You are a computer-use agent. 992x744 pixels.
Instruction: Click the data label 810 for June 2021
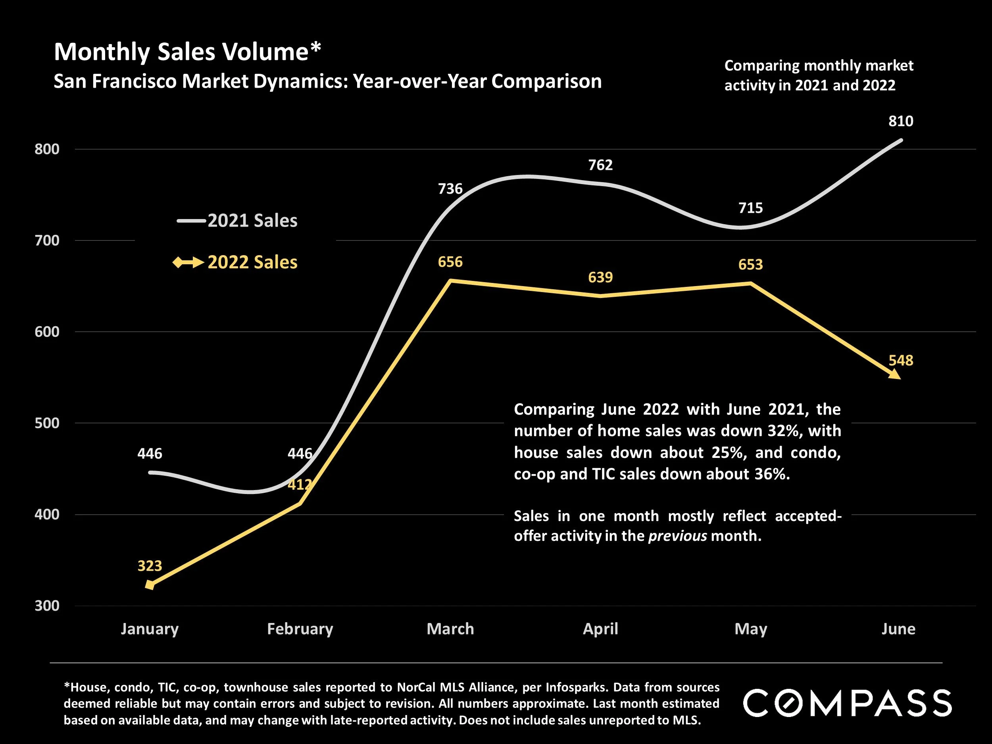[900, 121]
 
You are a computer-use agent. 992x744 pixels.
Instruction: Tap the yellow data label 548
[900, 360]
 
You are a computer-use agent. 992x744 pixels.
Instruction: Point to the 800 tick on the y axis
[47, 149]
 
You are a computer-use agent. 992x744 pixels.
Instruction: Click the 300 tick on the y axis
[47, 606]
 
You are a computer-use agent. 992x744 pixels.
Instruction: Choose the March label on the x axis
[450, 629]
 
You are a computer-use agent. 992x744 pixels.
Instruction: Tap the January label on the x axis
[149, 629]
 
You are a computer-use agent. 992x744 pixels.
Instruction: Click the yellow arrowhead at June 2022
[894, 374]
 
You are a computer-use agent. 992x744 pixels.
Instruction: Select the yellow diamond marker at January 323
[150, 585]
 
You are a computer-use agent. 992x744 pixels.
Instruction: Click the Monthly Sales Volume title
[187, 52]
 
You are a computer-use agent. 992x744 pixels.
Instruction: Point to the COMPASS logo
[847, 703]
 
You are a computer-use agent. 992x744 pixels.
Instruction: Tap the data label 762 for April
[600, 165]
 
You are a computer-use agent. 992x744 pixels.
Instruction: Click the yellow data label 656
[450, 262]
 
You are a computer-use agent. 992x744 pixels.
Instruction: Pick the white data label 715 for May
[750, 208]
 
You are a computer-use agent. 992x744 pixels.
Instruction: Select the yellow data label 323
[149, 566]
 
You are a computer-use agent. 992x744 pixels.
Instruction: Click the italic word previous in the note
[677, 536]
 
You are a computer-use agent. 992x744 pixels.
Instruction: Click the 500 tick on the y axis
[47, 423]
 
